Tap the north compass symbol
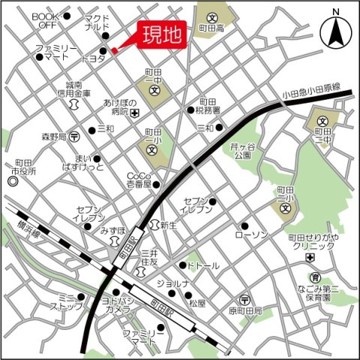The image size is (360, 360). tap(335, 31)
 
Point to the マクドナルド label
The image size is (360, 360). tap(96, 22)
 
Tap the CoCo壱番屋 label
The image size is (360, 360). tap(138, 179)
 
